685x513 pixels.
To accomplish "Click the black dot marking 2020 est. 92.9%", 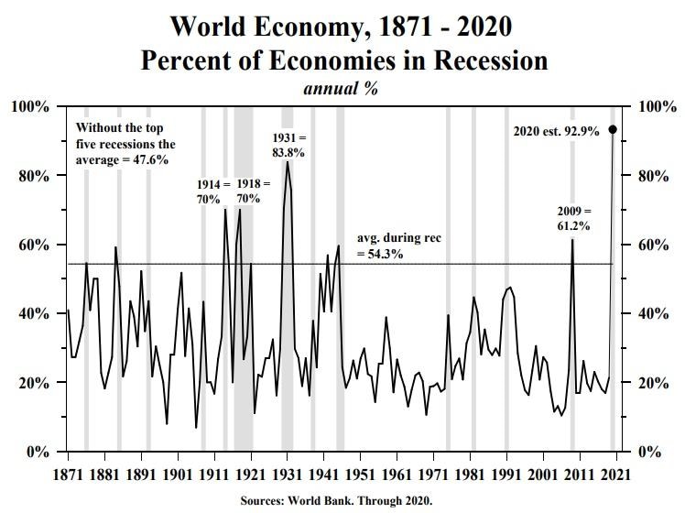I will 613,130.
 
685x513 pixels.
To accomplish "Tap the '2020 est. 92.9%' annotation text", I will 557,131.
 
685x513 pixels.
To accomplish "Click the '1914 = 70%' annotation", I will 209,191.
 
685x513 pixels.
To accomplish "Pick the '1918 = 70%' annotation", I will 250,191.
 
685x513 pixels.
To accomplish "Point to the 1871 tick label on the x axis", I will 69,475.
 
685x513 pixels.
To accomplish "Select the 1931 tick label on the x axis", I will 288,475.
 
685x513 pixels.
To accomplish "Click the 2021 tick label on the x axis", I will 617,475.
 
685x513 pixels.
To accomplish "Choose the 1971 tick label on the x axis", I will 434,475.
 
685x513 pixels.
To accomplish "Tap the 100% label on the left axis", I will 29,107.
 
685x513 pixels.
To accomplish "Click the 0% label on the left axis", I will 37,452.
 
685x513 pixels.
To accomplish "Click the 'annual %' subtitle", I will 341,89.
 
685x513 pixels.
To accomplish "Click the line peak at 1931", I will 288,162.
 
